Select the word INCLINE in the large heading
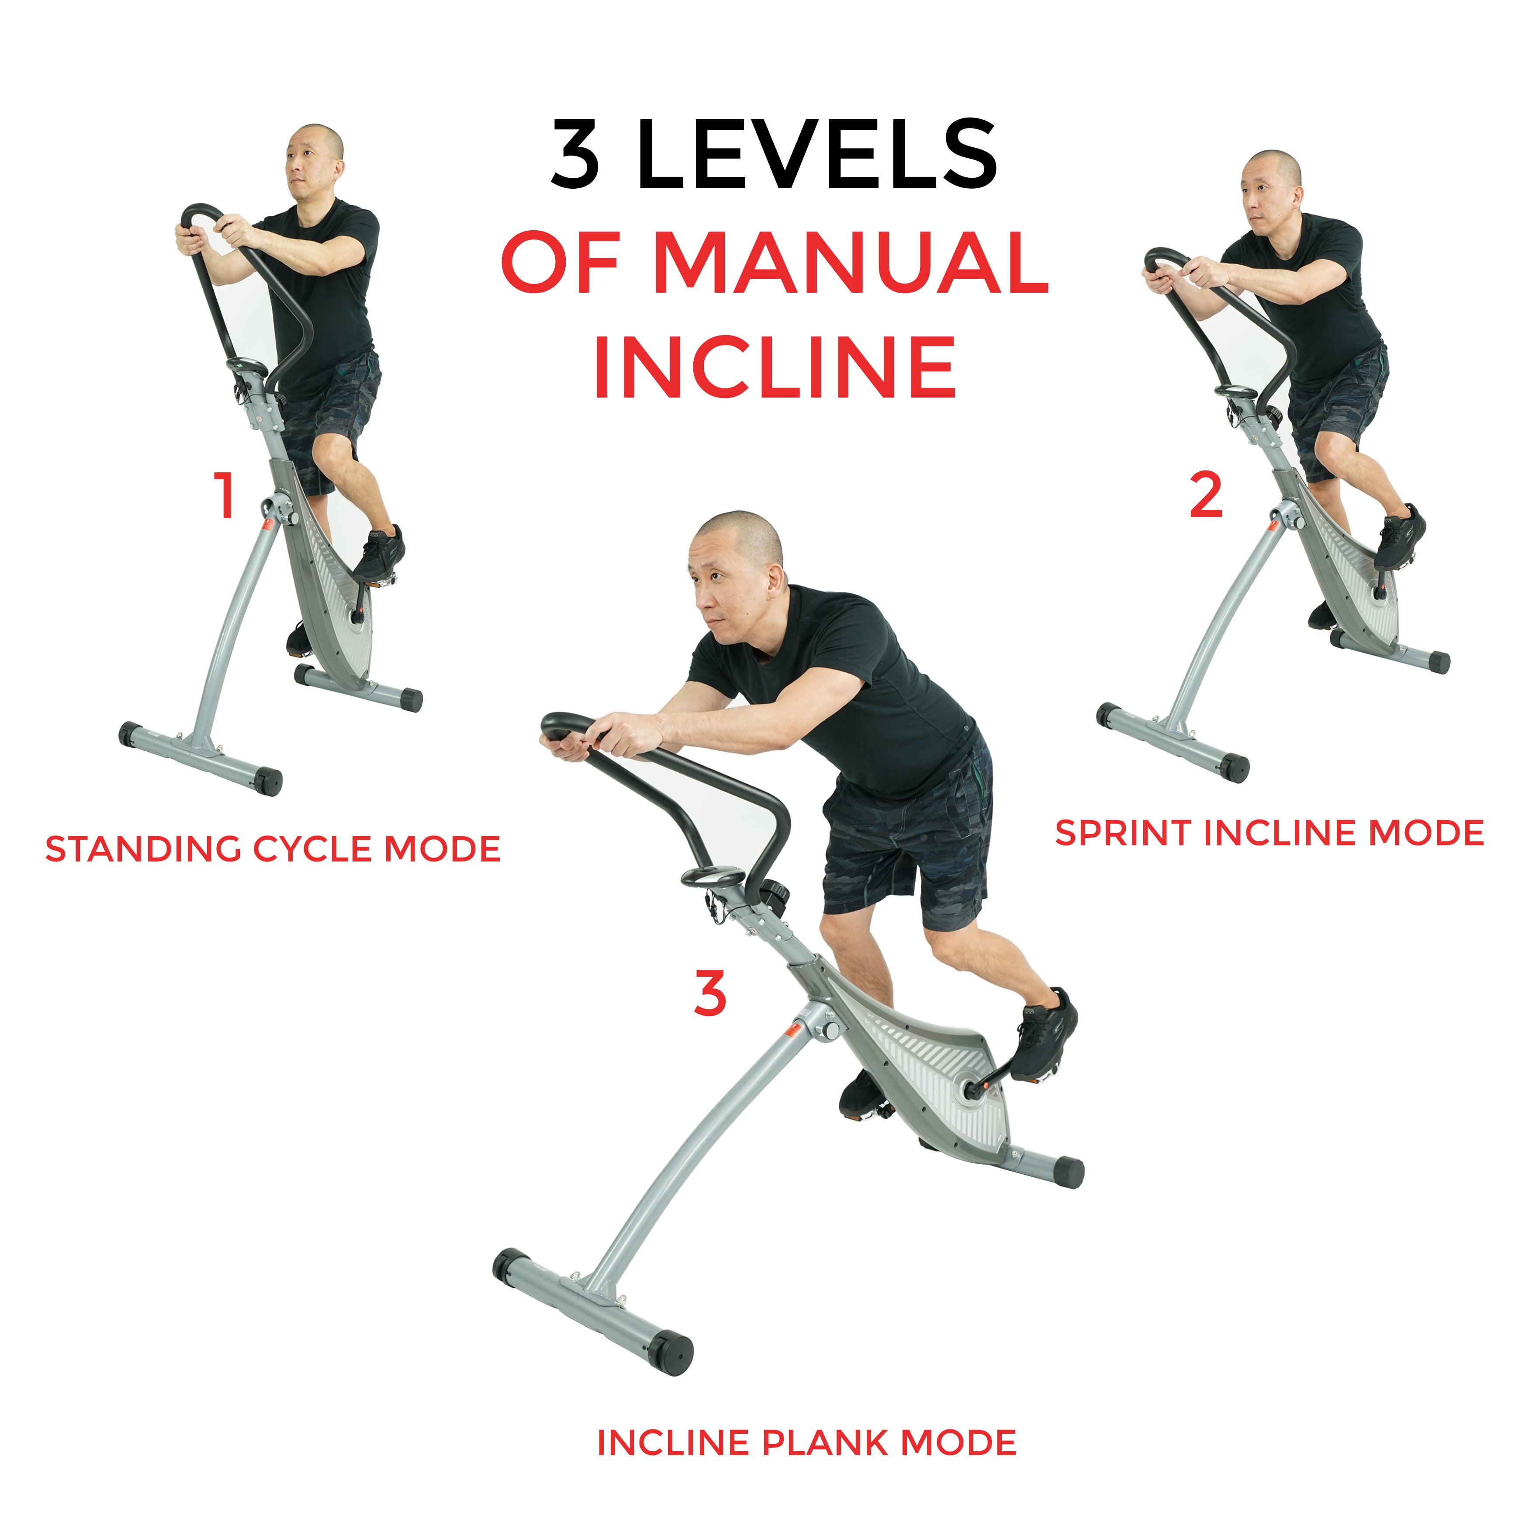tap(775, 367)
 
